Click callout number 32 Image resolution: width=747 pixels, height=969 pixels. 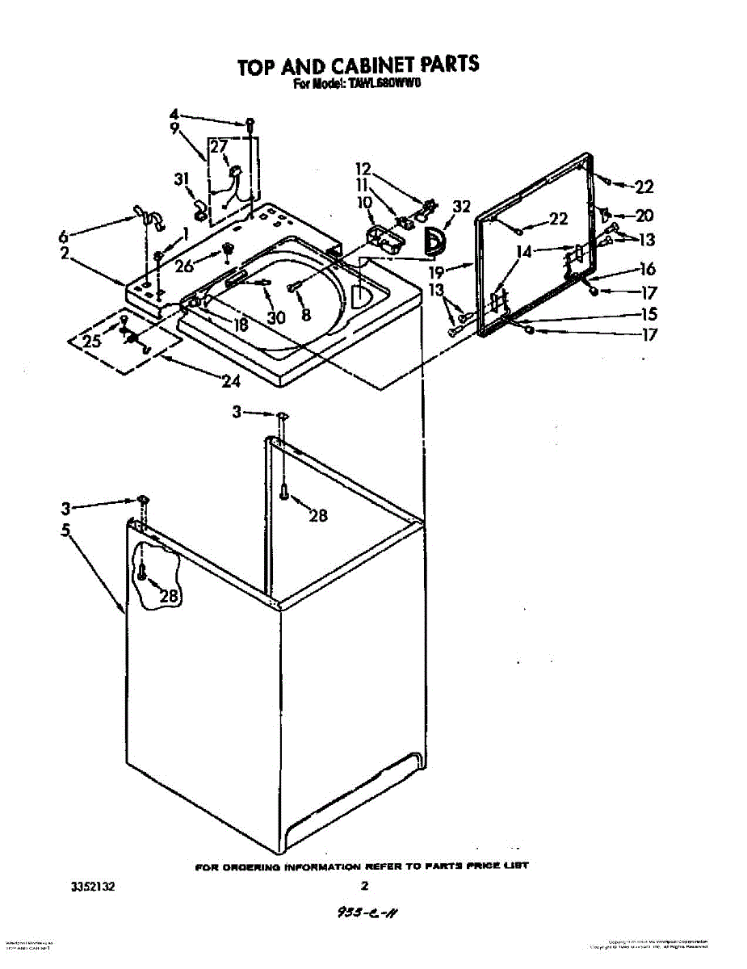click(x=460, y=207)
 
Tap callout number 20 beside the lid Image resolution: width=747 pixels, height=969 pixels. click(x=644, y=216)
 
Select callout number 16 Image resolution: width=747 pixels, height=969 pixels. click(x=648, y=269)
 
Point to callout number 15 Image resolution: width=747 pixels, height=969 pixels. click(x=648, y=314)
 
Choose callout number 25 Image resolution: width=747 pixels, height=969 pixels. click(x=92, y=341)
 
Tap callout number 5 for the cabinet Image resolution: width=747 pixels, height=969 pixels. click(x=65, y=530)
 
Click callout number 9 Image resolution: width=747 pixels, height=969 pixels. click(x=174, y=128)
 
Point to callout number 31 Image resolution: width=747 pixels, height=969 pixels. click(x=182, y=179)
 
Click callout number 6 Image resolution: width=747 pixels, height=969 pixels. click(x=64, y=237)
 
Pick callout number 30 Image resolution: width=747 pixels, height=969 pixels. click(x=276, y=317)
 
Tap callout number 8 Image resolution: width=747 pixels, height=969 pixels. click(x=305, y=316)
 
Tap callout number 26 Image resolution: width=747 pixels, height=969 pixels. click(x=186, y=264)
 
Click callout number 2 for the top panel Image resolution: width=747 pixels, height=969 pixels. click(x=64, y=253)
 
